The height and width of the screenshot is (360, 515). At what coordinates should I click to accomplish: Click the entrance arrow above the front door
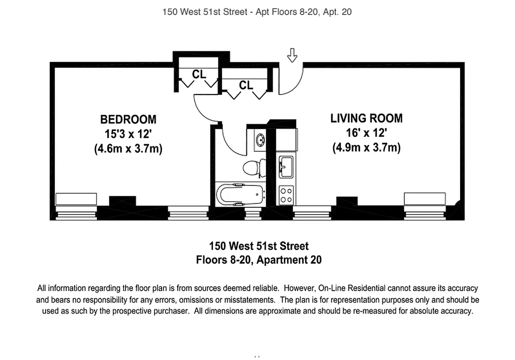point(293,55)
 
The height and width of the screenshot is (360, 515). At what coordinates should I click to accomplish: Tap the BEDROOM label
point(128,119)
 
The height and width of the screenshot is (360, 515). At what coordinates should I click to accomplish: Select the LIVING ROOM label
point(366,118)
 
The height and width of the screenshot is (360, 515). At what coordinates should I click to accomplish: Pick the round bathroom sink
point(260,139)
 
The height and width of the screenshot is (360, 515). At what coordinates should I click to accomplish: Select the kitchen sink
point(286,167)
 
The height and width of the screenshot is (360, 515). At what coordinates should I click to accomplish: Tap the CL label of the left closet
point(199,74)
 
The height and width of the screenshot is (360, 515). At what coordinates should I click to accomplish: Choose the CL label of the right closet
point(246,85)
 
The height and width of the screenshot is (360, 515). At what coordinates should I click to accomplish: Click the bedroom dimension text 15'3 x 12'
point(128,134)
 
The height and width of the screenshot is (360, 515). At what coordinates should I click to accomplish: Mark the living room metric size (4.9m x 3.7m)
point(366,148)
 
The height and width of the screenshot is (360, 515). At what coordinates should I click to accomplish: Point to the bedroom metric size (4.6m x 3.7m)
point(128,148)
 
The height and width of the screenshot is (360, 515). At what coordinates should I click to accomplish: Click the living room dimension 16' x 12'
point(366,133)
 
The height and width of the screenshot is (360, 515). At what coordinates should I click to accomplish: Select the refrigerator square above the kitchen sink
point(286,139)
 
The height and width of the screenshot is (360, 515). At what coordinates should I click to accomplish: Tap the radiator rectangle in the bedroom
point(76,199)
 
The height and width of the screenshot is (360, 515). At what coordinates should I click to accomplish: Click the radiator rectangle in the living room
point(425,198)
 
